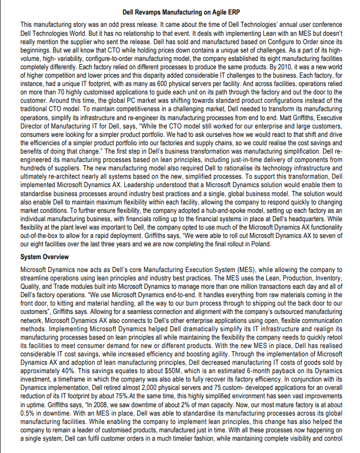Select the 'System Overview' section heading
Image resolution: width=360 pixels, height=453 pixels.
[44, 257]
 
